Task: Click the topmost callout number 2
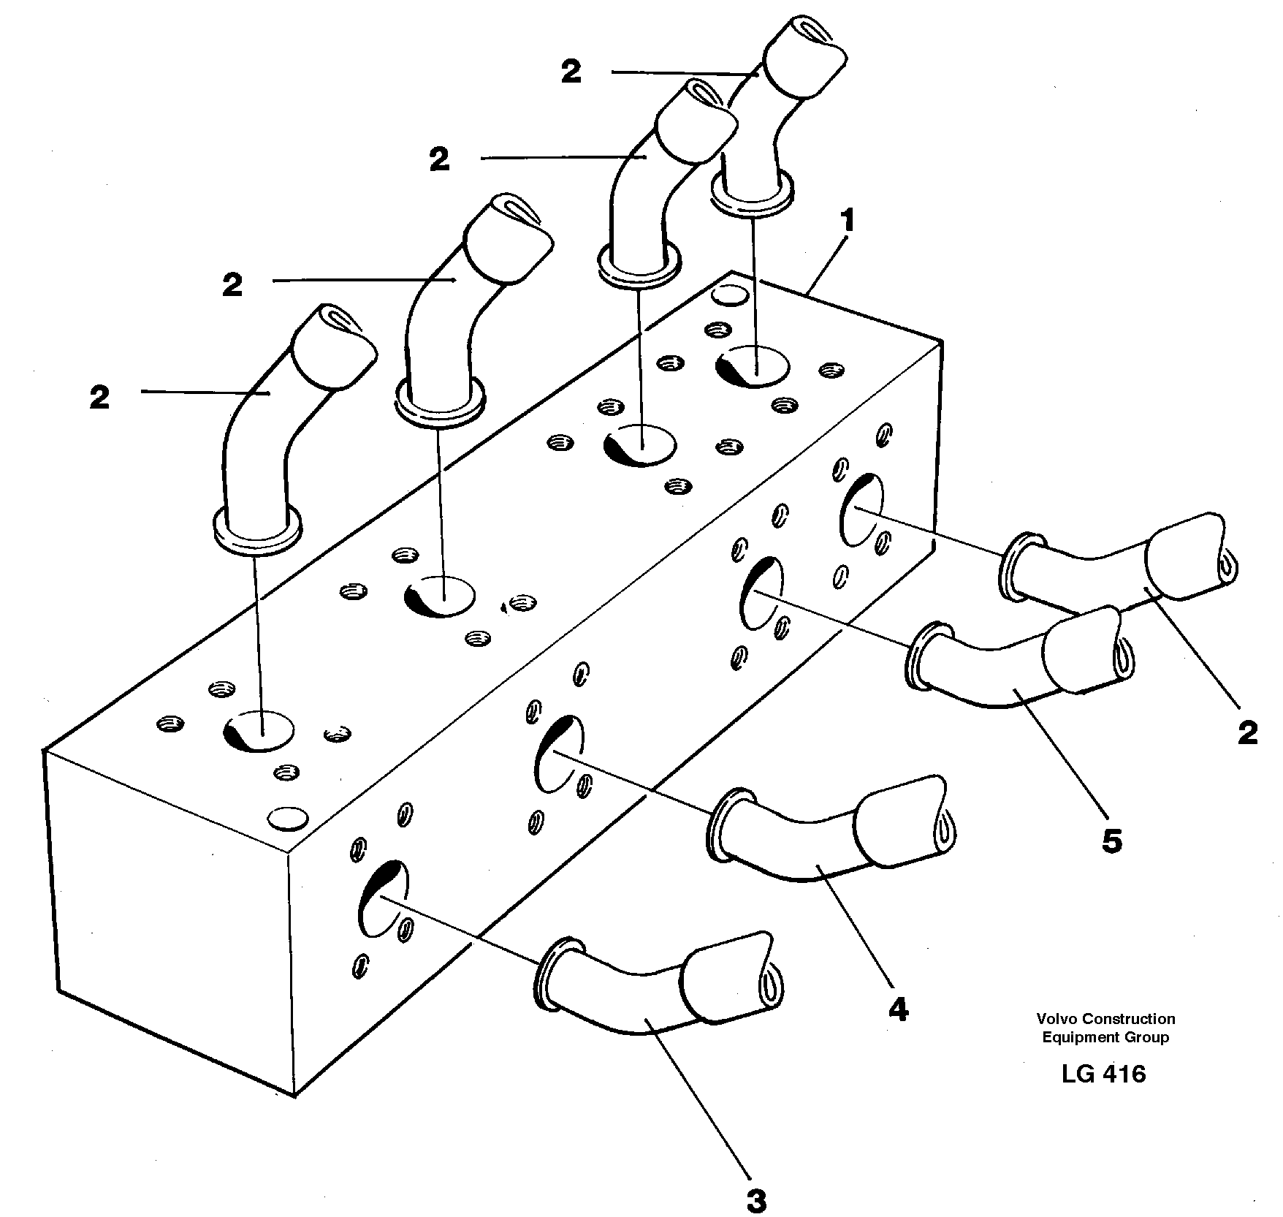coord(571,72)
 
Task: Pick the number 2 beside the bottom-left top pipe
coord(100,398)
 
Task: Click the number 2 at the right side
coord(1248,733)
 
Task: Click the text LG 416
coord(1104,1074)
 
